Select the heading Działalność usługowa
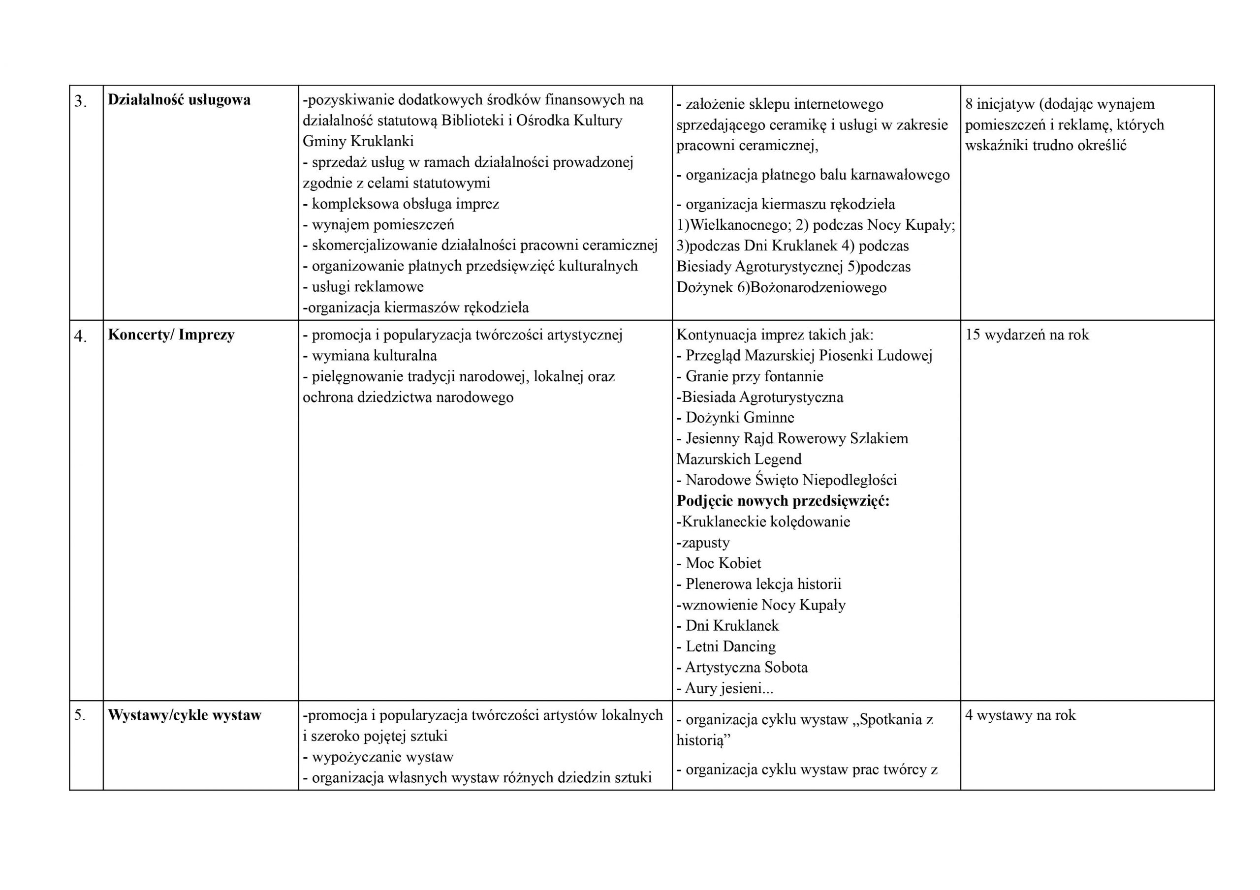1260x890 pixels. pos(179,99)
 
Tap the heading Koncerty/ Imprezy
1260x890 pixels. pos(171,334)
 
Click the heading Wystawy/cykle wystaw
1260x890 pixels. pos(185,714)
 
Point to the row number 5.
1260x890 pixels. pos(80,715)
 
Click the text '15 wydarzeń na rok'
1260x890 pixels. pos(1027,334)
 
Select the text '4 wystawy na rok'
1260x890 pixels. pos(1020,714)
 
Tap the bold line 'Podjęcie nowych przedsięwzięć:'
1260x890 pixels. pos(783,500)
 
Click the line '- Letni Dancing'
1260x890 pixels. pos(726,646)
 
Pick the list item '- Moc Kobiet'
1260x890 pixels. pos(719,563)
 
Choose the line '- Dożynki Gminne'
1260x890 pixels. pos(735,417)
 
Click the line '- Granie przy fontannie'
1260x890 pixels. pos(750,376)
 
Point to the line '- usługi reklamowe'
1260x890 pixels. pos(363,286)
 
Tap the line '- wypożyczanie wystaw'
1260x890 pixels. pos(378,757)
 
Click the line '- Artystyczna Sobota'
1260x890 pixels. pos(742,667)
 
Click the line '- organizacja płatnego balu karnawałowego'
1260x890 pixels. pos(813,175)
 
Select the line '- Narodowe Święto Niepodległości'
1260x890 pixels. pos(787,480)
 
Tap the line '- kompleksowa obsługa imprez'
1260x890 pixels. pos(401,204)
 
